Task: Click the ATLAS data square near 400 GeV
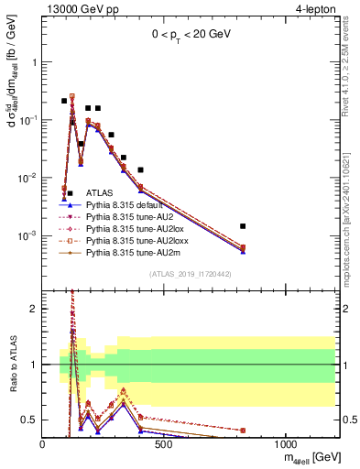(140, 169)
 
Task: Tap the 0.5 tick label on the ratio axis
(27, 420)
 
